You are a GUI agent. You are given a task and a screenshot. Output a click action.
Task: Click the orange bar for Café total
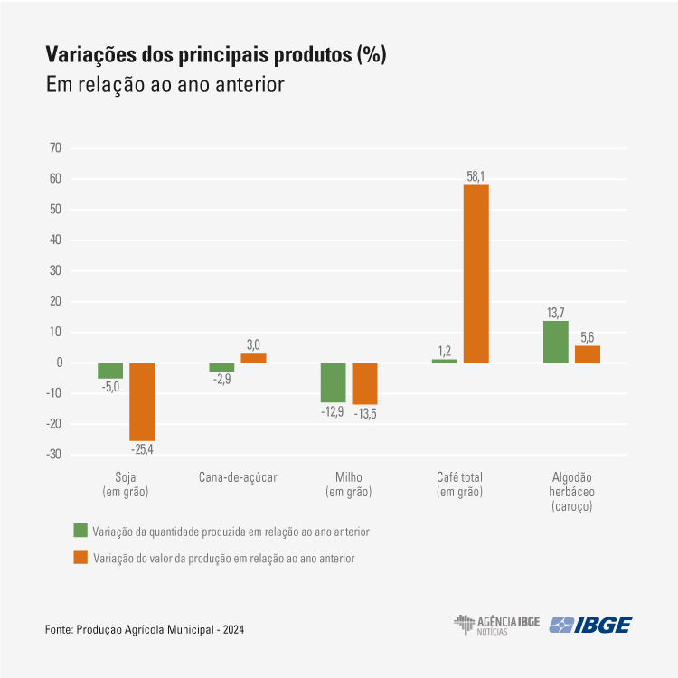click(476, 273)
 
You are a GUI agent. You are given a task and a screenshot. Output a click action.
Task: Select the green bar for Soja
click(110, 371)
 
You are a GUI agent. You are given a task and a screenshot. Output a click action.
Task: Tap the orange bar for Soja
click(142, 401)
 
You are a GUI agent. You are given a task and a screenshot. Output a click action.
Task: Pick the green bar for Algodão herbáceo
click(556, 342)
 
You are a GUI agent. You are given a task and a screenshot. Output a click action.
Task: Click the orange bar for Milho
click(364, 383)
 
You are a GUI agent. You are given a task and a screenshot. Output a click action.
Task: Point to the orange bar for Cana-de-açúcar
click(253, 358)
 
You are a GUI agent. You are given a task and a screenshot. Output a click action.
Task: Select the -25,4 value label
click(142, 448)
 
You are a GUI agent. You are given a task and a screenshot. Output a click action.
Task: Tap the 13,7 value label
click(556, 313)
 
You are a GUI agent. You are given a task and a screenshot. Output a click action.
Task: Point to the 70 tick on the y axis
click(55, 148)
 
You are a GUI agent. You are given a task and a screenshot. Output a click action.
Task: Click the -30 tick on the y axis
click(53, 455)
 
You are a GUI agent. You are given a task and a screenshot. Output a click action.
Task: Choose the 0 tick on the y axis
click(58, 363)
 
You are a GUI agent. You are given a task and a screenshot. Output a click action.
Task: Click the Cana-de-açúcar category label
click(237, 477)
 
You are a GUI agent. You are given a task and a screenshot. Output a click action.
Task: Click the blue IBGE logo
click(592, 625)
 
